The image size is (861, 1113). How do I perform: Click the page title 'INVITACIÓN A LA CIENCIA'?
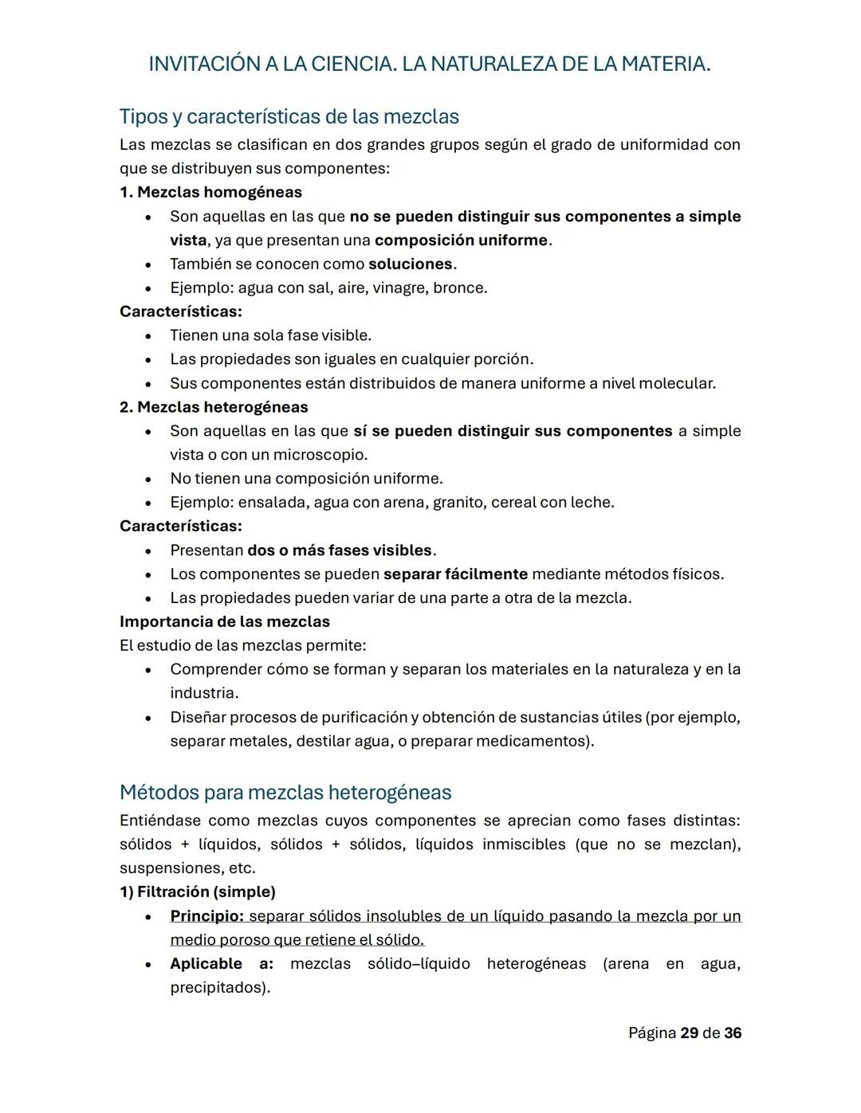coord(272,64)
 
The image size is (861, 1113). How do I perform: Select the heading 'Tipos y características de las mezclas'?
coord(289,116)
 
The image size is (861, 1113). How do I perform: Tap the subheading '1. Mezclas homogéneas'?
coord(210,192)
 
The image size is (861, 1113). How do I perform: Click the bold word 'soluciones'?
coord(411,264)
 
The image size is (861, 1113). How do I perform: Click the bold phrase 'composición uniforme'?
coord(461,240)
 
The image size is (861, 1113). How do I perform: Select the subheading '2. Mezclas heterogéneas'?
coord(214,407)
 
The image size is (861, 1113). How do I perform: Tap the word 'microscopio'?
coord(320,455)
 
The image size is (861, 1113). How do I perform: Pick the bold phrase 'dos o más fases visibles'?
coord(340,551)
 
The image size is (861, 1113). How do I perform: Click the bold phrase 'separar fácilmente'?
coord(455,574)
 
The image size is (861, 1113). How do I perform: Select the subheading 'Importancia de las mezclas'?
coord(224,621)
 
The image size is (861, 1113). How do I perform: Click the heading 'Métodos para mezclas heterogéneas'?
coord(285,793)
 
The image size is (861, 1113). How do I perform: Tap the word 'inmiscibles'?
coord(523,845)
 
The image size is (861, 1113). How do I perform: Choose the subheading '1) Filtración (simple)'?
coord(198,892)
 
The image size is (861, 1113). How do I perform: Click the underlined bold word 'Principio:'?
coord(206,916)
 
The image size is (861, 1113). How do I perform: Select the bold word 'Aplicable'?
coord(206,964)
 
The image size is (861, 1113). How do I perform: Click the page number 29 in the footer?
coord(690,1033)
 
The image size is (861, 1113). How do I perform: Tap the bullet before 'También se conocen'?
coord(148,265)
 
